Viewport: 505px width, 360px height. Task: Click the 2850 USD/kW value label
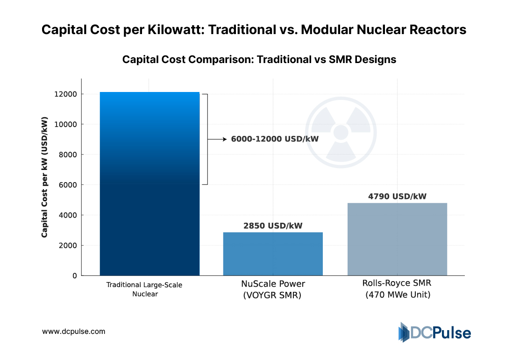[273, 226]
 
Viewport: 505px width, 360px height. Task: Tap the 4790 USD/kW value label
[397, 197]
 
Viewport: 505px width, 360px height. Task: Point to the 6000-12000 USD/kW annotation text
[269, 139]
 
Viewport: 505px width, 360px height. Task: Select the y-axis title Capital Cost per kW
[44, 177]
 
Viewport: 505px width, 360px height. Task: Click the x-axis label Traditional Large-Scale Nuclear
[144, 289]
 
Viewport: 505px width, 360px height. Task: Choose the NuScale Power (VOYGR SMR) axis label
[273, 289]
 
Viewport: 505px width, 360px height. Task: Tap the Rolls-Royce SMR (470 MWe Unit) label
[397, 289]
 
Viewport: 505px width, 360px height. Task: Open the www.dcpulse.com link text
[74, 332]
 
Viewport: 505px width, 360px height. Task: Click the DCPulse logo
[434, 332]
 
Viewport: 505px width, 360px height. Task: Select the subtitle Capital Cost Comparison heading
[259, 60]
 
